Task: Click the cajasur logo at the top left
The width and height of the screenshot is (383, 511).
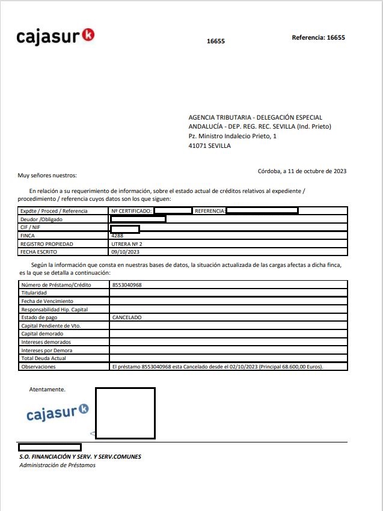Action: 55,37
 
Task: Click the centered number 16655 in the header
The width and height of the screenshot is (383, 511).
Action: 215,41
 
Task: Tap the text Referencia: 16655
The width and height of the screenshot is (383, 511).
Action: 318,37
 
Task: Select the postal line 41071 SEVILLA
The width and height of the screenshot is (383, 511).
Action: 209,145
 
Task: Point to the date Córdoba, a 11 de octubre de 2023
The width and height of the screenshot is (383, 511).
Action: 302,171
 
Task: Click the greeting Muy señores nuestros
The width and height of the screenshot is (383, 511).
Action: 47,176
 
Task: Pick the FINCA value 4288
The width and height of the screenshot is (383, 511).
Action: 117,236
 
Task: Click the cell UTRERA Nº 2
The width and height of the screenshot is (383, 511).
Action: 127,245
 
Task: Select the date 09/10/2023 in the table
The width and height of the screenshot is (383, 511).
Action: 125,252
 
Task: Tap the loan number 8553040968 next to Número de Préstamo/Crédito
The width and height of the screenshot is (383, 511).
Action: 130,284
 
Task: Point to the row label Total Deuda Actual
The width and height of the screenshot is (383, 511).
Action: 43,358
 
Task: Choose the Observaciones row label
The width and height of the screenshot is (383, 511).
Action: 38,366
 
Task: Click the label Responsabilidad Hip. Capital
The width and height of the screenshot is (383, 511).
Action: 55,309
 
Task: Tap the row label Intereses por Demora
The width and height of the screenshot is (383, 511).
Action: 46,350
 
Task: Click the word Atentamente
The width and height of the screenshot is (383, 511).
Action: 47,390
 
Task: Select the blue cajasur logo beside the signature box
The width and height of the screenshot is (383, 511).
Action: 58,414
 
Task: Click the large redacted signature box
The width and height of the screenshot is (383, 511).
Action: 125,412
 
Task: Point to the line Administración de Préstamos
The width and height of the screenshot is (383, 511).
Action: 57,465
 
